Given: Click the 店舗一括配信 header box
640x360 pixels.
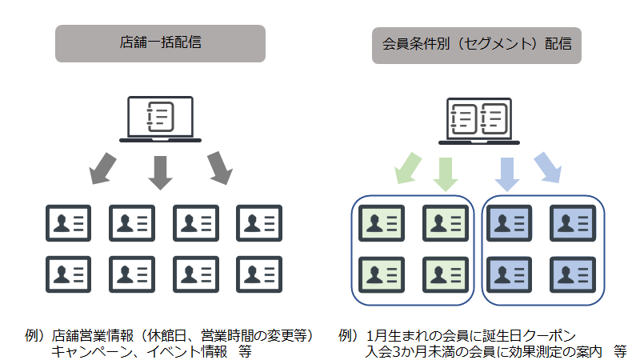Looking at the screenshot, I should click(160, 43).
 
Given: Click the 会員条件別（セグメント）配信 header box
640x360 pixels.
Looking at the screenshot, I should click(477, 43).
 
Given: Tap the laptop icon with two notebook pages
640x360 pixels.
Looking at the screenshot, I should click(477, 118).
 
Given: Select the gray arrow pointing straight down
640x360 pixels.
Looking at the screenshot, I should click(161, 171).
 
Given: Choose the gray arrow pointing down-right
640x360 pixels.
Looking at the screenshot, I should click(218, 167).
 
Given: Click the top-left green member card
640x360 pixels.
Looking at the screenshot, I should click(382, 224).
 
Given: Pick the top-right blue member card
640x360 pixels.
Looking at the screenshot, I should click(574, 224).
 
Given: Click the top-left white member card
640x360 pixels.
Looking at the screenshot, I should click(68, 224).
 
